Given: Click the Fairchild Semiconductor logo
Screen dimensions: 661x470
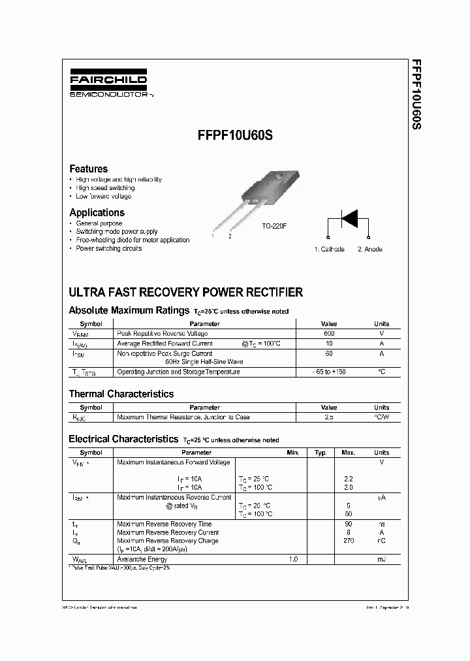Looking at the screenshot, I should (x=108, y=84).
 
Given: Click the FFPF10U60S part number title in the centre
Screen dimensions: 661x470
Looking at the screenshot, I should (x=235, y=138).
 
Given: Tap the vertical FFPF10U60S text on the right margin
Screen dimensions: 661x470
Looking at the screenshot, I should (x=415, y=96).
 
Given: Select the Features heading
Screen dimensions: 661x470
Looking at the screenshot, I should (x=88, y=169).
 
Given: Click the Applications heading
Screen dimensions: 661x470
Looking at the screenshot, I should (x=97, y=212).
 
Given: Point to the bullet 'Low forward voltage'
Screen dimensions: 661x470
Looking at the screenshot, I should (x=103, y=197).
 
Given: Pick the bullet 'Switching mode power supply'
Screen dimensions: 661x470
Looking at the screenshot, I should (x=116, y=232).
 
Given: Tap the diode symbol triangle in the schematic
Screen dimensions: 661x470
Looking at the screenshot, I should (x=349, y=218).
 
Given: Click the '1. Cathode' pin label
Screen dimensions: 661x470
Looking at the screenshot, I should (x=329, y=250).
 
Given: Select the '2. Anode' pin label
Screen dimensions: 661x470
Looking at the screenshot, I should (x=369, y=250).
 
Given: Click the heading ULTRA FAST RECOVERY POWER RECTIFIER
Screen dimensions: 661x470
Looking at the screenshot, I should (x=185, y=293).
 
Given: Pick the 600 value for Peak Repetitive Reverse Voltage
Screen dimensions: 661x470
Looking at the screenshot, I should (x=329, y=334).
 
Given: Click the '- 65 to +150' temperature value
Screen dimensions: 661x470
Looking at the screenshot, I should (x=329, y=372).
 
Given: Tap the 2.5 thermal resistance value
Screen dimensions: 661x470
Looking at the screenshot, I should (x=329, y=417).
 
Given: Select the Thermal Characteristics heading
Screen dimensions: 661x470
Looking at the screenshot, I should (x=121, y=394).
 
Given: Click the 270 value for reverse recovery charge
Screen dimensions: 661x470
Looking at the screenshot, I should (x=349, y=541).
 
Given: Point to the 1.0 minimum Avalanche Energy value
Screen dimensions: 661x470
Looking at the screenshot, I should (x=293, y=560).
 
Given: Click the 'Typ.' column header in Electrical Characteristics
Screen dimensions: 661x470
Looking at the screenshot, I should (x=321, y=453).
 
